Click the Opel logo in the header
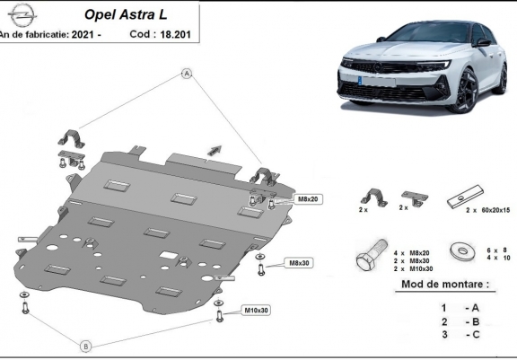pos(22,15)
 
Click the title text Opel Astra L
pos(126,14)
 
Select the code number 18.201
pos(175,34)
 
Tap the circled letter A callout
pos(187,74)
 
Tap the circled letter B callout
pos(86,347)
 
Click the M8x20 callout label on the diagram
pos(308,199)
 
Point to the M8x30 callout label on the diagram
pos(299,263)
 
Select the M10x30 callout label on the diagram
pos(256,311)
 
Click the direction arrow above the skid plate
pos(215,150)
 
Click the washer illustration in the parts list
pos(463,251)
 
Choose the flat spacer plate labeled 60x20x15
pos(465,197)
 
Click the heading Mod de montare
pos(445,284)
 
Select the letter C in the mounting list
pos(476,334)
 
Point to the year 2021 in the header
pos(83,34)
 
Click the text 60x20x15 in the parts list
pos(495,210)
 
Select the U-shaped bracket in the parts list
pos(374,198)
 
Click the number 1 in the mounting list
pos(443,308)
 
